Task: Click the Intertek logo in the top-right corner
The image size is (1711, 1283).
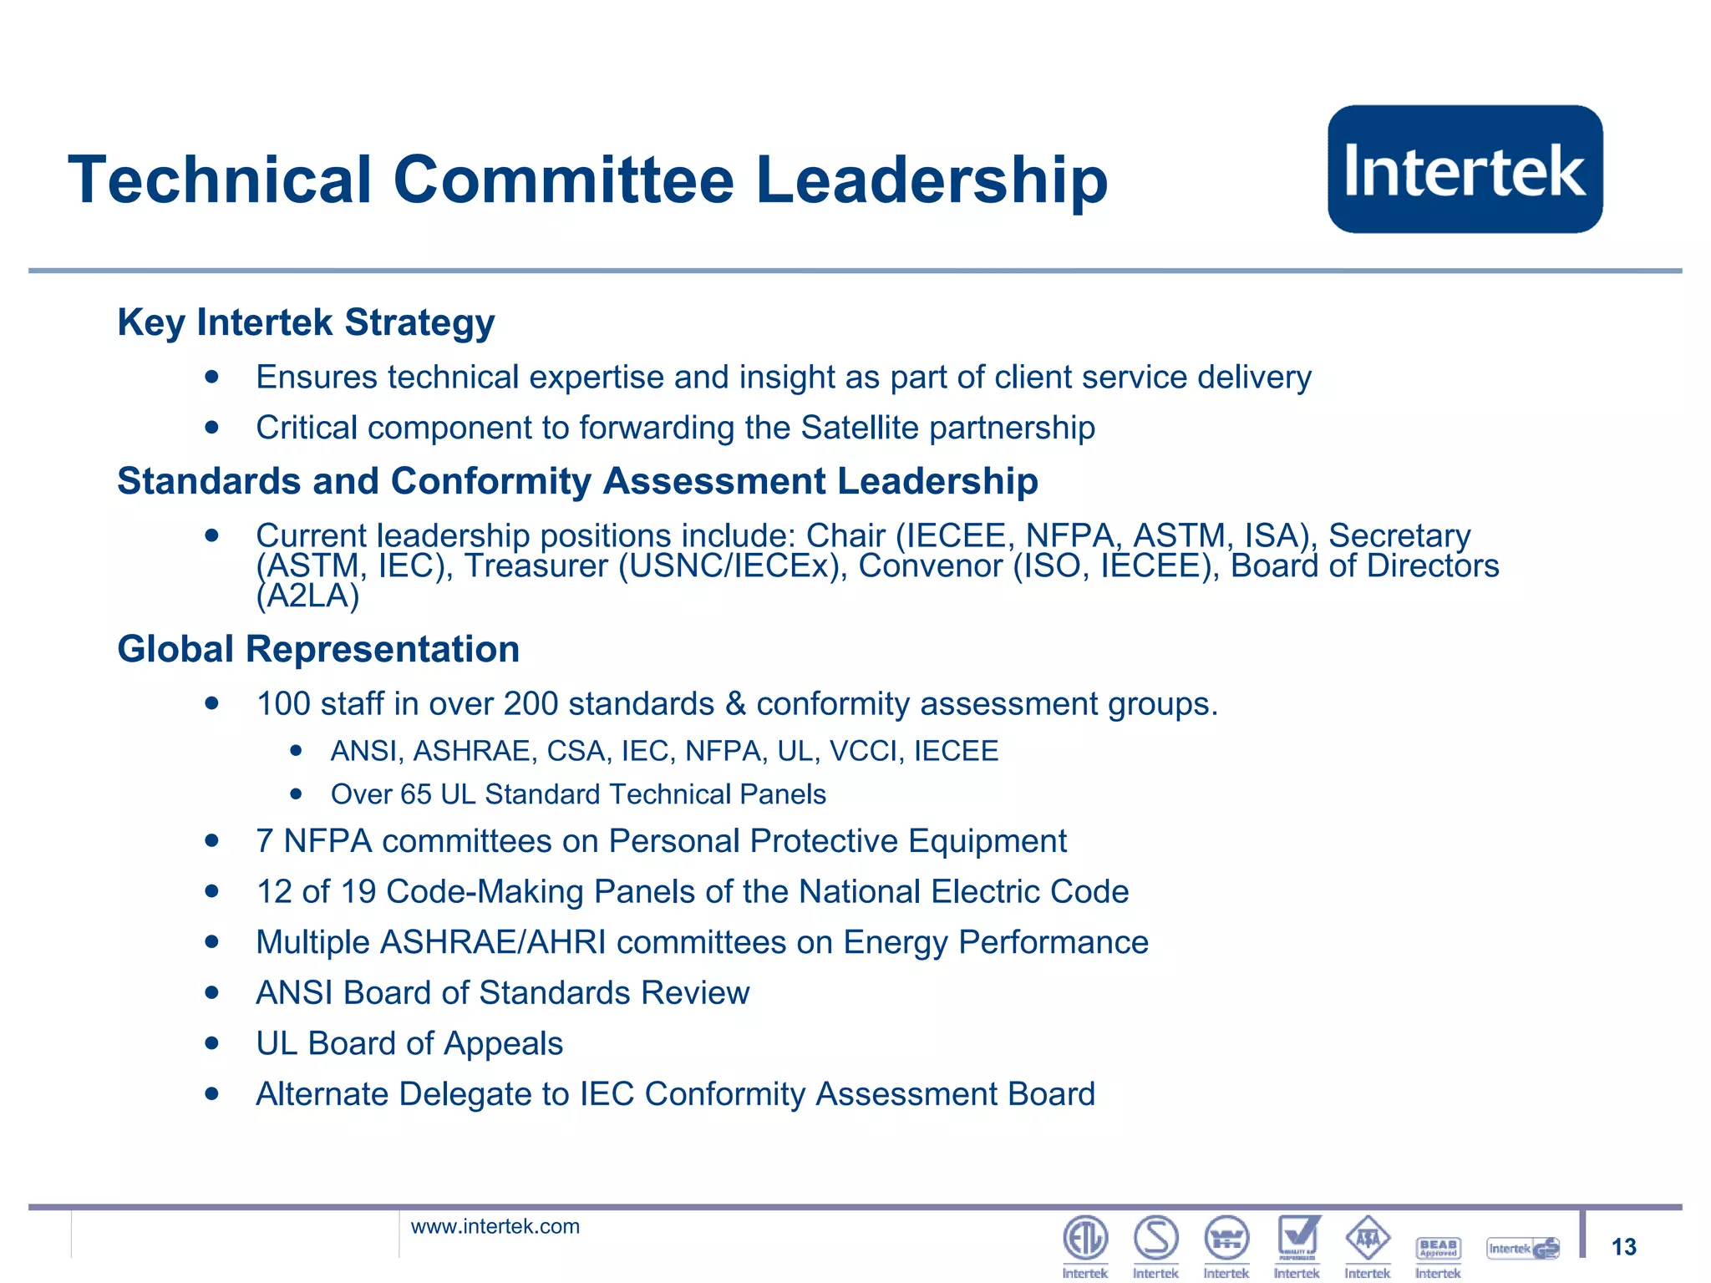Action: point(1465,170)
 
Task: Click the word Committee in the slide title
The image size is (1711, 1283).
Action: point(563,180)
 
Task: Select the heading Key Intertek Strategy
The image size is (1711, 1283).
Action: point(306,322)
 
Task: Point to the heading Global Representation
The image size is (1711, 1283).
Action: point(318,649)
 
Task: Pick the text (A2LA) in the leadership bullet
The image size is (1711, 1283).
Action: point(307,596)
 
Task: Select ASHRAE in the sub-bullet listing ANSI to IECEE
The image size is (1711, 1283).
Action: point(474,751)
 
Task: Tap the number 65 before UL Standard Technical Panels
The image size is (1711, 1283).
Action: point(416,794)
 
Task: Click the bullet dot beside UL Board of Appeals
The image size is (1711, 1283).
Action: point(212,1043)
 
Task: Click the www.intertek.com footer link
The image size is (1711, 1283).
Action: point(495,1226)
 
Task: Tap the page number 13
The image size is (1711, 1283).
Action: point(1623,1247)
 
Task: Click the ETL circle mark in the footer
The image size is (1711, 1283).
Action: point(1085,1238)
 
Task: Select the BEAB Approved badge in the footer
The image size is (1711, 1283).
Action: point(1438,1248)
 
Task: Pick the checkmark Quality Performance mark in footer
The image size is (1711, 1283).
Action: point(1298,1237)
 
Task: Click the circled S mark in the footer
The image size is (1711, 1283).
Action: point(1156,1238)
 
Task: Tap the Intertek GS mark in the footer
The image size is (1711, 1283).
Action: point(1523,1249)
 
